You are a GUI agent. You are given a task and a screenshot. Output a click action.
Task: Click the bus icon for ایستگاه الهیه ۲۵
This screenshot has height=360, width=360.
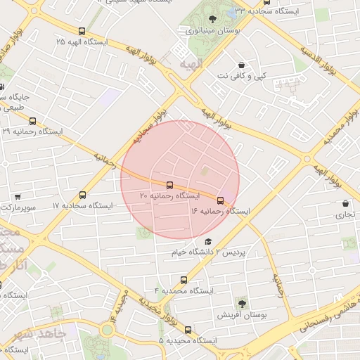pos(82,32)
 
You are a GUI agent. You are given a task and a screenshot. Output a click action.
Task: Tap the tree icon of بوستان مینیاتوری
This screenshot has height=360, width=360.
pos(213,19)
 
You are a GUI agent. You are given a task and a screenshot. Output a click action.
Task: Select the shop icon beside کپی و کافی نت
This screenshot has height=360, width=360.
pos(243,65)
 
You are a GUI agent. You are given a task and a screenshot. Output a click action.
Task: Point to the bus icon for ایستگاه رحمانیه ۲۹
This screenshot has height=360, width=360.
pos(32,121)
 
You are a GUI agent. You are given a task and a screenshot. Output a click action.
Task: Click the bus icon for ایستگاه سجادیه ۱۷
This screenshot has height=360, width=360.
pos(83,195)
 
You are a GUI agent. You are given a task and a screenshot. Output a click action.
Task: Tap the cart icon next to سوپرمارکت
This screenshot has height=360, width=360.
pos(17,197)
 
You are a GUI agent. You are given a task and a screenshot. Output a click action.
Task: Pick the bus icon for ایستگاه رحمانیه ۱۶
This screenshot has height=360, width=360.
pos(221,200)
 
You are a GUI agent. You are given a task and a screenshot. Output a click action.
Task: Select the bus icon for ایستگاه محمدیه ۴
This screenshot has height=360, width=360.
pos(184,280)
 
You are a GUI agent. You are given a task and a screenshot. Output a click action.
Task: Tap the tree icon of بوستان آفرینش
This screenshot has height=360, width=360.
pos(243,304)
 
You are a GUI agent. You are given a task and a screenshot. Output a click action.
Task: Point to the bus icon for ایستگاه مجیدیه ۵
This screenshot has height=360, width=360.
pos(188,330)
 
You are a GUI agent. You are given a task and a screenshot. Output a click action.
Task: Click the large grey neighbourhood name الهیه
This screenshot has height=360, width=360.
pos(191,65)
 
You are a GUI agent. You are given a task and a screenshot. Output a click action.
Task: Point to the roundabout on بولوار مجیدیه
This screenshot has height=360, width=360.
pos(108,328)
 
